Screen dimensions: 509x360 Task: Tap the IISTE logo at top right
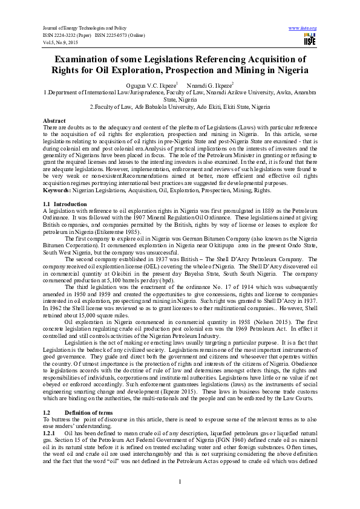[x=310, y=39]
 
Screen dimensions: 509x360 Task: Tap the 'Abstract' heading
[x=54, y=120]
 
